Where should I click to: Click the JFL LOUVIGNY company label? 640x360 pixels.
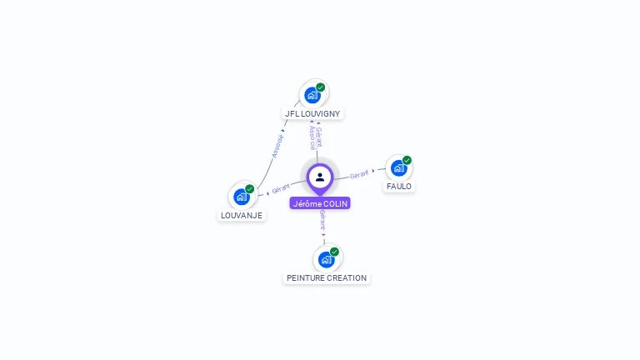(312, 113)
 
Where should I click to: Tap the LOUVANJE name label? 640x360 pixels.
(241, 215)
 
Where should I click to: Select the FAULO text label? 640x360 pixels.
(398, 186)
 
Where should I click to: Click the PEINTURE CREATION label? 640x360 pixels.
(327, 277)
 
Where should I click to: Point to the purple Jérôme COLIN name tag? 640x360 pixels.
(320, 203)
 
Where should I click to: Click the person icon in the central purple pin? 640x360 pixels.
(320, 177)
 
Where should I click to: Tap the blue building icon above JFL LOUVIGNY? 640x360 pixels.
(312, 95)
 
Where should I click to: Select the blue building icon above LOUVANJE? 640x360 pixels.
(241, 197)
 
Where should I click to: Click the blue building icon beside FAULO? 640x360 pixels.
(398, 167)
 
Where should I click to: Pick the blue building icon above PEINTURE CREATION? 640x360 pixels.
(326, 259)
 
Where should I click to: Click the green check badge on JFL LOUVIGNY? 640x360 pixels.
(321, 87)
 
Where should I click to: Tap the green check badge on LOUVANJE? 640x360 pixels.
(249, 189)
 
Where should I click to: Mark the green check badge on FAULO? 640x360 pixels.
(407, 160)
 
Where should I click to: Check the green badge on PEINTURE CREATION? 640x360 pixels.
(334, 252)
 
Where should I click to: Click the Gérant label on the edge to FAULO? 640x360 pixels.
(359, 174)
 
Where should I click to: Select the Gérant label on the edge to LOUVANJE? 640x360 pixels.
(281, 189)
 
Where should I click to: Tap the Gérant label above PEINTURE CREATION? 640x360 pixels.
(322, 221)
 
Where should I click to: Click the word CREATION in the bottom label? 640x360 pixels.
(346, 277)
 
